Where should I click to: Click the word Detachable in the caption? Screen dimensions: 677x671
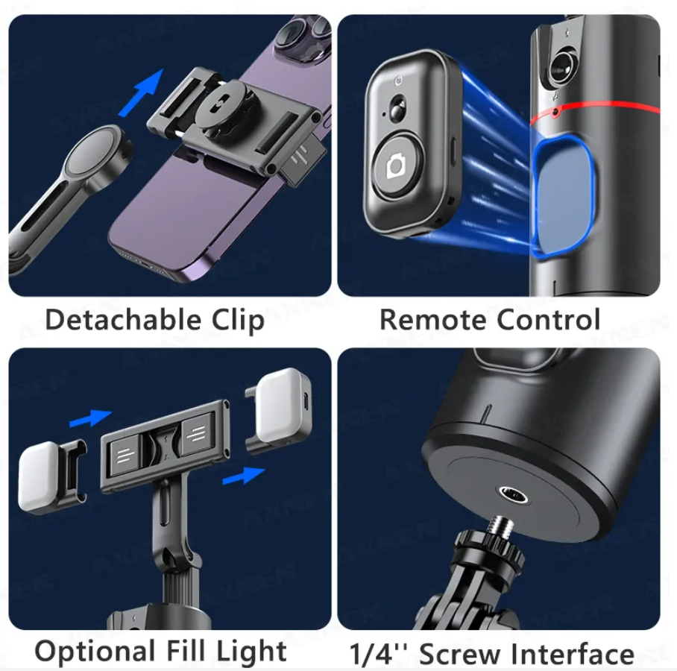pyautogui.click(x=123, y=320)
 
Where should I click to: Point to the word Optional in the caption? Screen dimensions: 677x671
pyautogui.click(x=95, y=652)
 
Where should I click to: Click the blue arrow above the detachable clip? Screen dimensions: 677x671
pyautogui.click(x=141, y=93)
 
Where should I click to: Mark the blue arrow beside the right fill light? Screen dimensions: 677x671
pyautogui.click(x=244, y=476)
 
